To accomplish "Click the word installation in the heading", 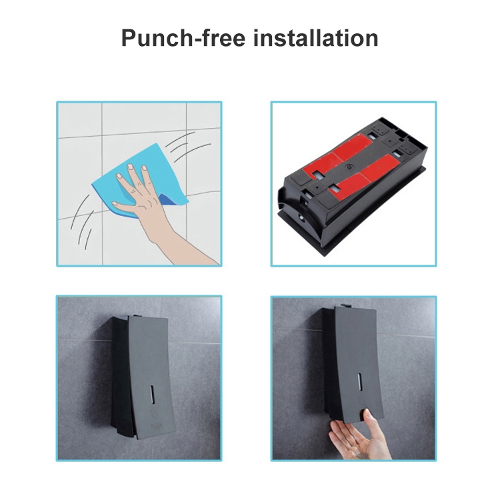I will (316, 38).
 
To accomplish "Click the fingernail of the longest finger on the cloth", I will (139, 163).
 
